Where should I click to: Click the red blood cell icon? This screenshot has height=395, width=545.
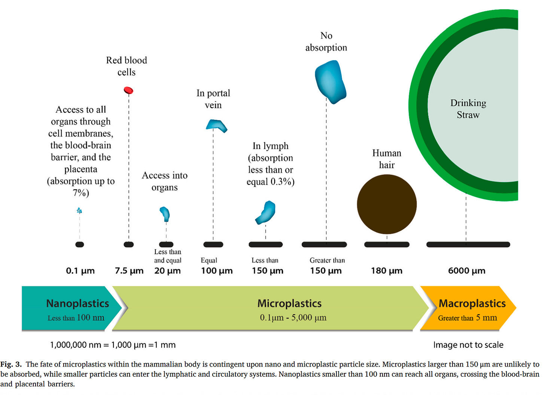click(x=128, y=90)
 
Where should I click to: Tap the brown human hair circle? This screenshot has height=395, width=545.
click(x=387, y=204)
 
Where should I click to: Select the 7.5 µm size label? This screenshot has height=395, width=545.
click(x=129, y=271)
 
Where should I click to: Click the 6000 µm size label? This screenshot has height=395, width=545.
click(x=466, y=271)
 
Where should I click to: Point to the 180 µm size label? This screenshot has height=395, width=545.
click(x=387, y=271)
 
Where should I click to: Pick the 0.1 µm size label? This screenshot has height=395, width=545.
click(x=80, y=271)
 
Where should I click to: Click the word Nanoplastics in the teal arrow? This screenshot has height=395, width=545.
click(x=77, y=303)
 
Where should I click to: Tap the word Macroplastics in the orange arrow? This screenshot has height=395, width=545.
click(x=472, y=303)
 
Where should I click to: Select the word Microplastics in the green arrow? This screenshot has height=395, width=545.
click(x=289, y=303)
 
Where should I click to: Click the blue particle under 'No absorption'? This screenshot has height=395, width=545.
click(x=330, y=82)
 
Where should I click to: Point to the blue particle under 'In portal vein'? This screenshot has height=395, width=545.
click(x=216, y=126)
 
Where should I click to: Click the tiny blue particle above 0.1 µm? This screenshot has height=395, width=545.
click(x=79, y=211)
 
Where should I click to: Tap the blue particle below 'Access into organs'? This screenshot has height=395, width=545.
click(x=165, y=214)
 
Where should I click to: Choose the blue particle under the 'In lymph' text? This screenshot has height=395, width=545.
click(x=266, y=212)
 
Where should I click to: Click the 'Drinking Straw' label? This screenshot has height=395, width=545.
click(x=468, y=109)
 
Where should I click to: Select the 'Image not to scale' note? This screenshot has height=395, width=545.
click(x=468, y=345)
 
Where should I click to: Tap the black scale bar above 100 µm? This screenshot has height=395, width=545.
click(x=213, y=245)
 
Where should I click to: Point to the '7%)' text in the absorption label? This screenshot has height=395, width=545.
click(x=81, y=193)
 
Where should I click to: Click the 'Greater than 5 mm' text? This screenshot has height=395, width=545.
click(x=468, y=318)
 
